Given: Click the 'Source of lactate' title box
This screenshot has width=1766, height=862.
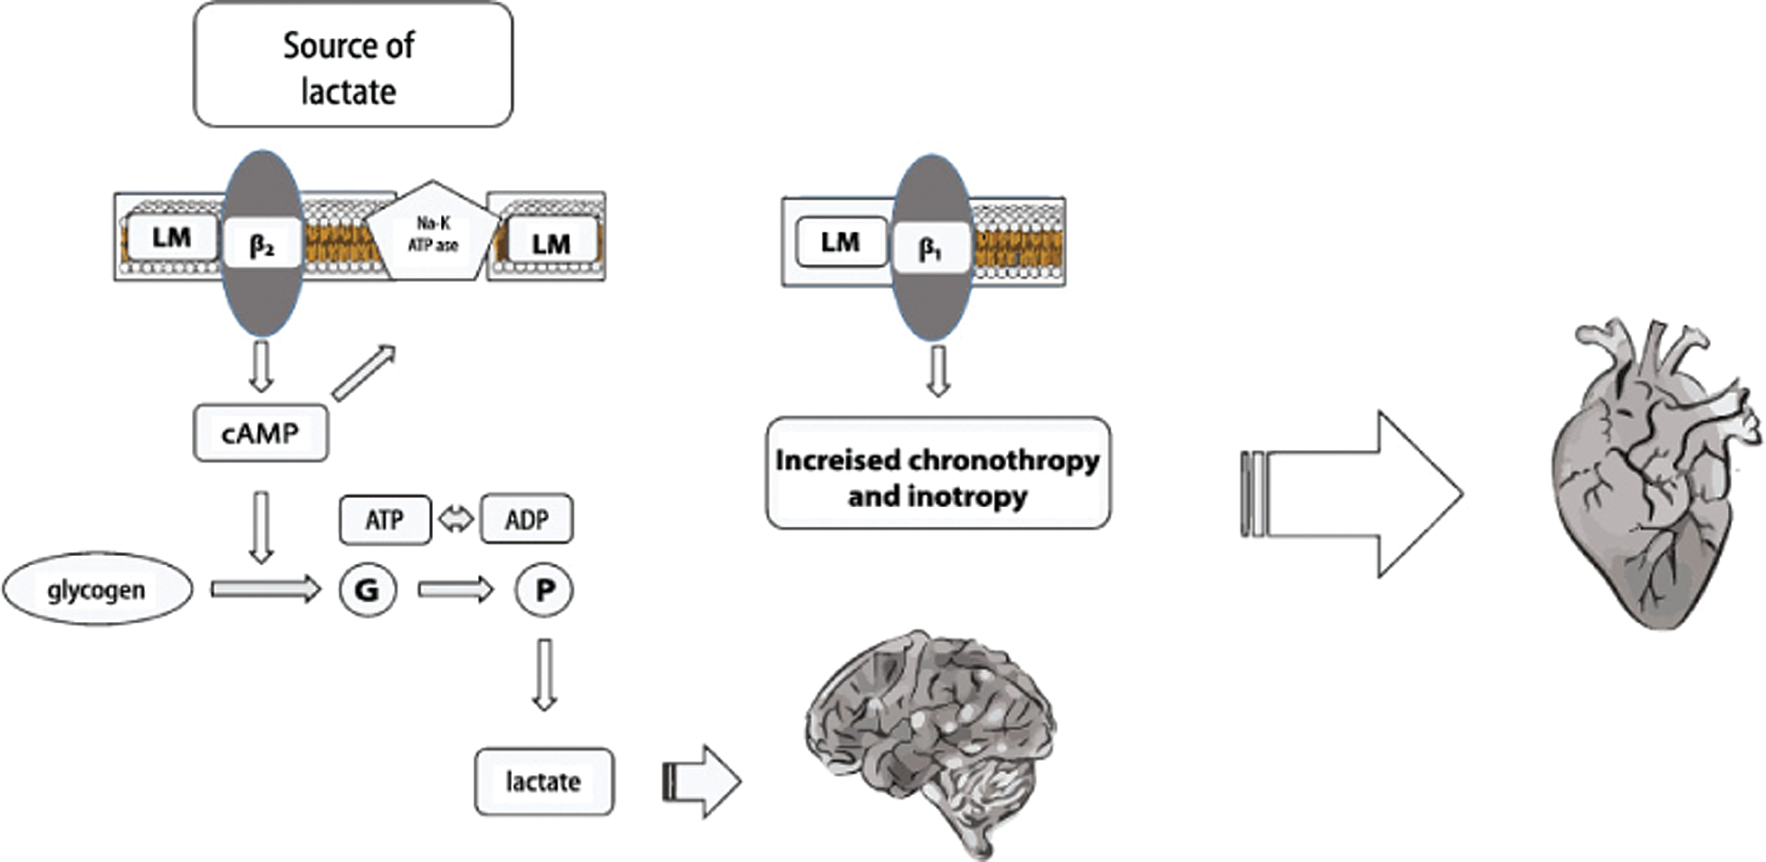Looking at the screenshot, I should pos(352,65).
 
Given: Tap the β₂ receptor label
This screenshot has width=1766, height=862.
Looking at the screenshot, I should pos(262,244).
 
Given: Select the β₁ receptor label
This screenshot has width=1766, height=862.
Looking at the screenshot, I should pos(931,247).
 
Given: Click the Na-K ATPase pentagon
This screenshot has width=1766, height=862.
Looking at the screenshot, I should pos(433,234).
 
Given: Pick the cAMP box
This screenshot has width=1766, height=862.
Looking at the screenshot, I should pos(261,433).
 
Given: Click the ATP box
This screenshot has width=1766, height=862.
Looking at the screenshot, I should pos(385,520).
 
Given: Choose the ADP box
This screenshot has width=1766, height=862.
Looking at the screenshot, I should pos(526,520).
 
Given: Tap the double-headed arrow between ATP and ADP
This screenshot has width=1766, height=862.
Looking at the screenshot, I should pos(456,520).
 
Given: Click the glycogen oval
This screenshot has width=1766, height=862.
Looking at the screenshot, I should pos(97,589).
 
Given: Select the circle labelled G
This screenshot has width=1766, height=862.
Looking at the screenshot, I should pos(367,590).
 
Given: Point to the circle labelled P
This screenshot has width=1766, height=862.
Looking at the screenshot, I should pos(543,590).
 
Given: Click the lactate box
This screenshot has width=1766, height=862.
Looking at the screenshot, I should pos(543,781).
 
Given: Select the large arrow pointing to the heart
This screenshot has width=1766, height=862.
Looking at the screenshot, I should pos(1358,494).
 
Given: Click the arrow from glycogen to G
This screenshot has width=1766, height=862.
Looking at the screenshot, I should pos(265,589).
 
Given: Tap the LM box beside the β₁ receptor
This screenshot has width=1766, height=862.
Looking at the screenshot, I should pos(841,242).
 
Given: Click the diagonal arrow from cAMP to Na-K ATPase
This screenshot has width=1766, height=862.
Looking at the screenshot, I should pos(364,372).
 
